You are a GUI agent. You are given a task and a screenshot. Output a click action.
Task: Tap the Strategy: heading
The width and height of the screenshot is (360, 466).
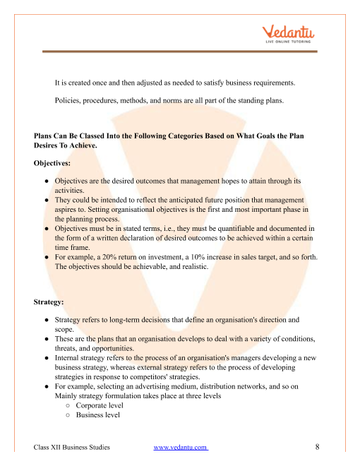pos(49,302)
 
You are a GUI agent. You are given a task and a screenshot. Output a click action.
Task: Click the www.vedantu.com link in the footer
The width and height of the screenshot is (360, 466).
pos(180,448)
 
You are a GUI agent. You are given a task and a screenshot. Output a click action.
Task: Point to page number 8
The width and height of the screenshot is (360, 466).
pos(318,447)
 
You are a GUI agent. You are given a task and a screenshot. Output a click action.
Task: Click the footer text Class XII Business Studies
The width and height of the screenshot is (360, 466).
pos(71,448)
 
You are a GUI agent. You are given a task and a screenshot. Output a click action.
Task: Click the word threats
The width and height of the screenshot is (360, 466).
pos(68,348)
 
